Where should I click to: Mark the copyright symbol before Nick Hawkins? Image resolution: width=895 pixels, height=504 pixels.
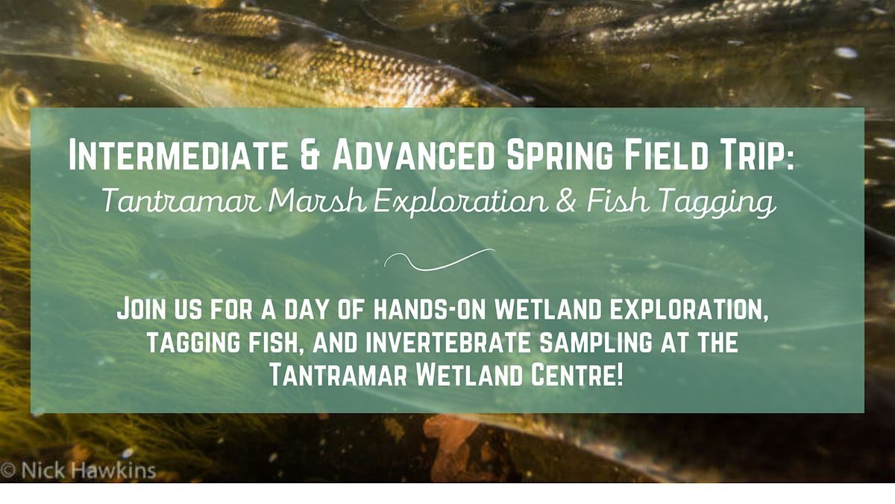coord(8,473)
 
